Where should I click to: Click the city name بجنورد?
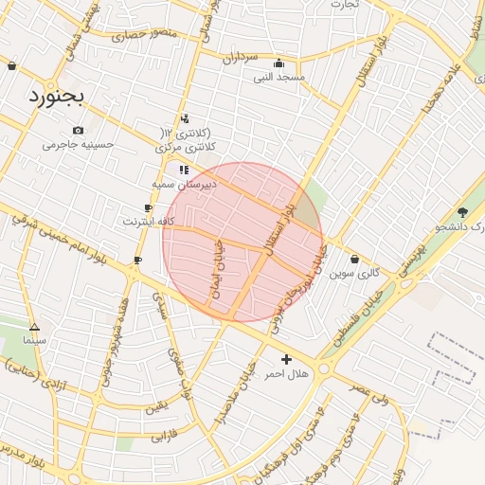(56, 96)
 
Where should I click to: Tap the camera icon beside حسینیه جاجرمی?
(78, 130)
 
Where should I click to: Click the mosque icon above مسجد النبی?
(278, 63)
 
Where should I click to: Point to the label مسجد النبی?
(278, 78)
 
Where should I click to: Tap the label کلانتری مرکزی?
(186, 147)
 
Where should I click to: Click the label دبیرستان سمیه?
(184, 184)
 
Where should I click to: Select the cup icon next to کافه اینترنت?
(149, 207)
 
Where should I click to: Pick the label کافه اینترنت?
(150, 222)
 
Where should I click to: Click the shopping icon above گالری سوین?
(355, 259)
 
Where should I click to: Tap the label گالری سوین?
(355, 273)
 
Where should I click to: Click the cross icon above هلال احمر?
(286, 360)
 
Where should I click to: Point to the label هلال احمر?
(286, 375)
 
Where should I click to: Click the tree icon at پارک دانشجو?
(462, 212)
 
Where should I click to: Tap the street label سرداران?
(241, 58)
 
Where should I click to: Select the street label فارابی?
(165, 439)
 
